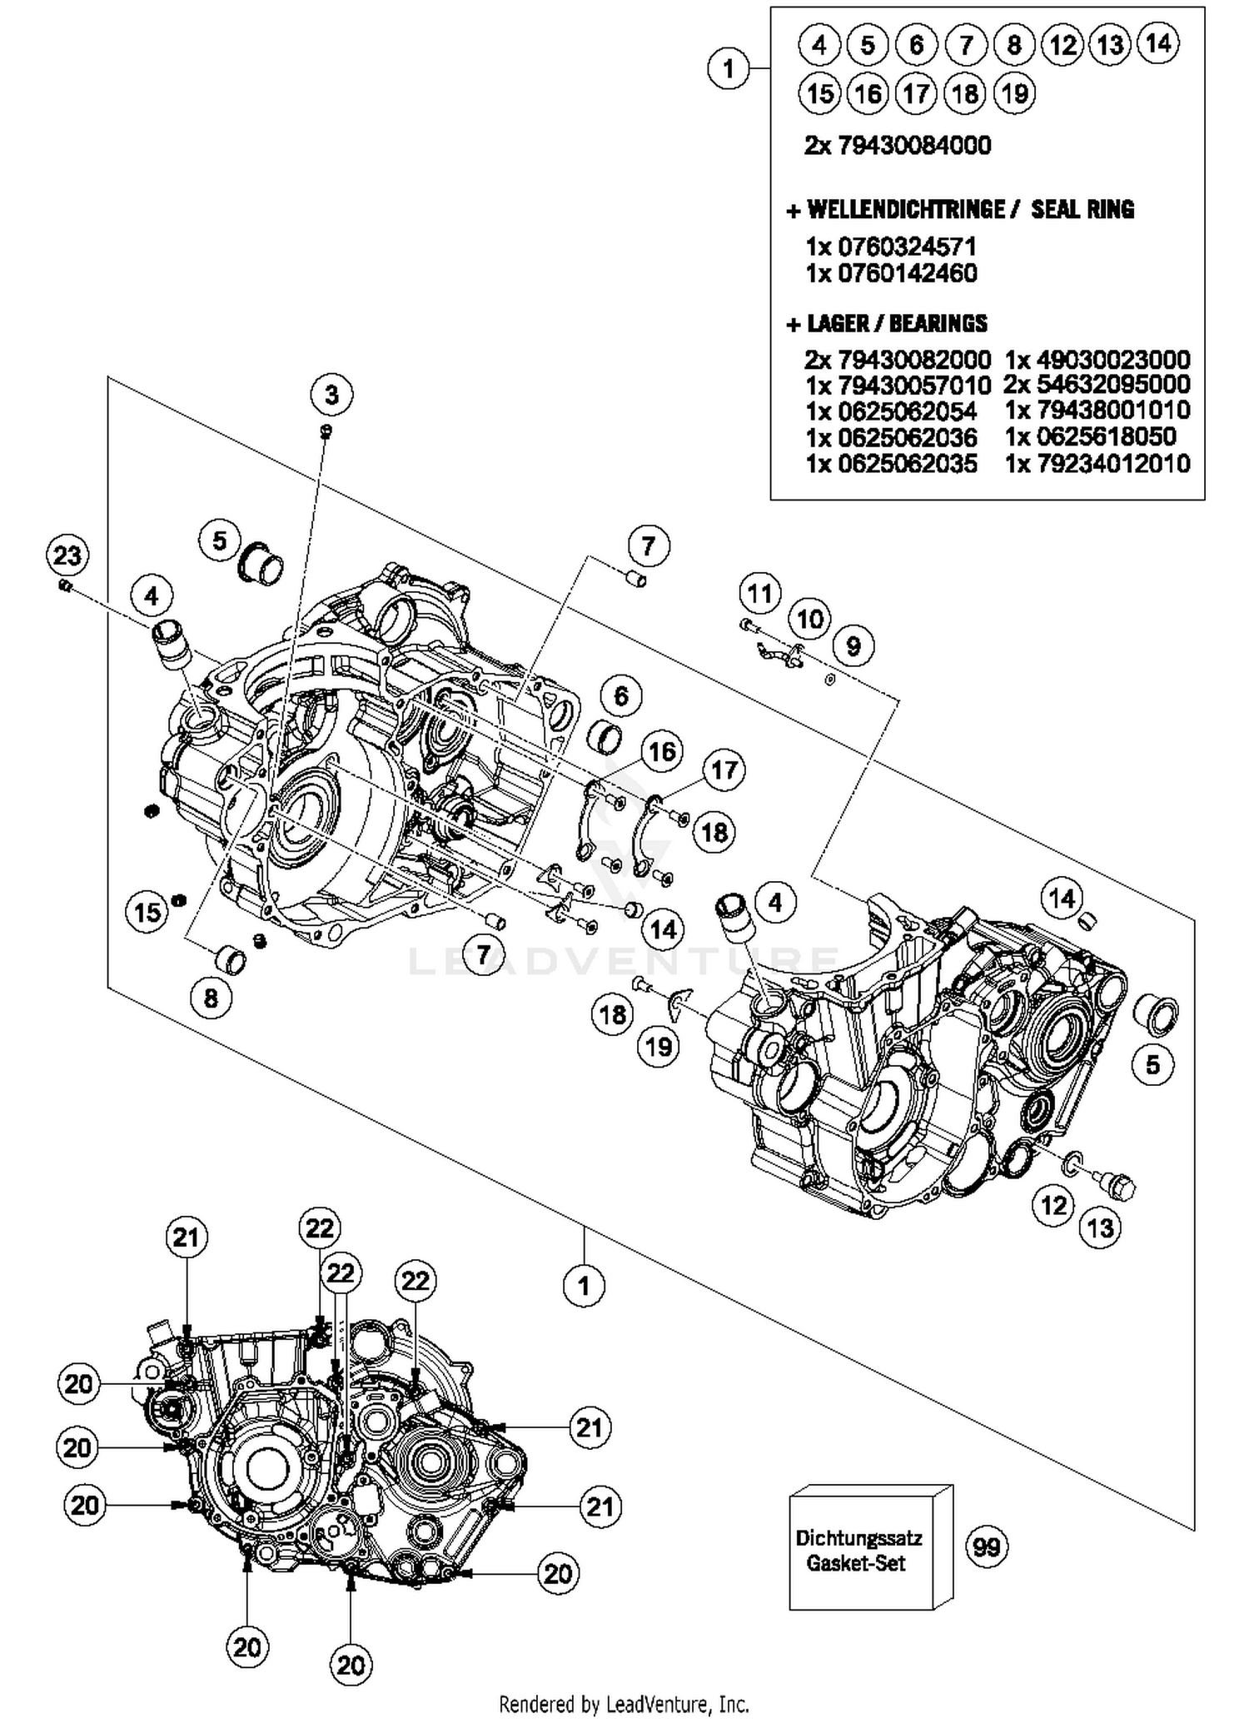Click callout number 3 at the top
[331, 394]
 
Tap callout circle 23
[67, 555]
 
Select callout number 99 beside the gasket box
[987, 1546]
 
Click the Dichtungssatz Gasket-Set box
[858, 1550]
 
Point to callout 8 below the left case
[211, 997]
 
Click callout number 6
[621, 695]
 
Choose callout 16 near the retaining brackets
[662, 752]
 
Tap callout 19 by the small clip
[659, 1046]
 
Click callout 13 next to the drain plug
[1101, 1228]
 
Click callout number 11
[759, 594]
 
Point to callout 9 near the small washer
[853, 645]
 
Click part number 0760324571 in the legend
[906, 246]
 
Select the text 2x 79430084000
[898, 146]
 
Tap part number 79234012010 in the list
[1112, 464]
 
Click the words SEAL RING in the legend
[1082, 209]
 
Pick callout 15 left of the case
[147, 912]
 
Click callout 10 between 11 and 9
[809, 619]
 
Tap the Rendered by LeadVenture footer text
[624, 1704]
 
